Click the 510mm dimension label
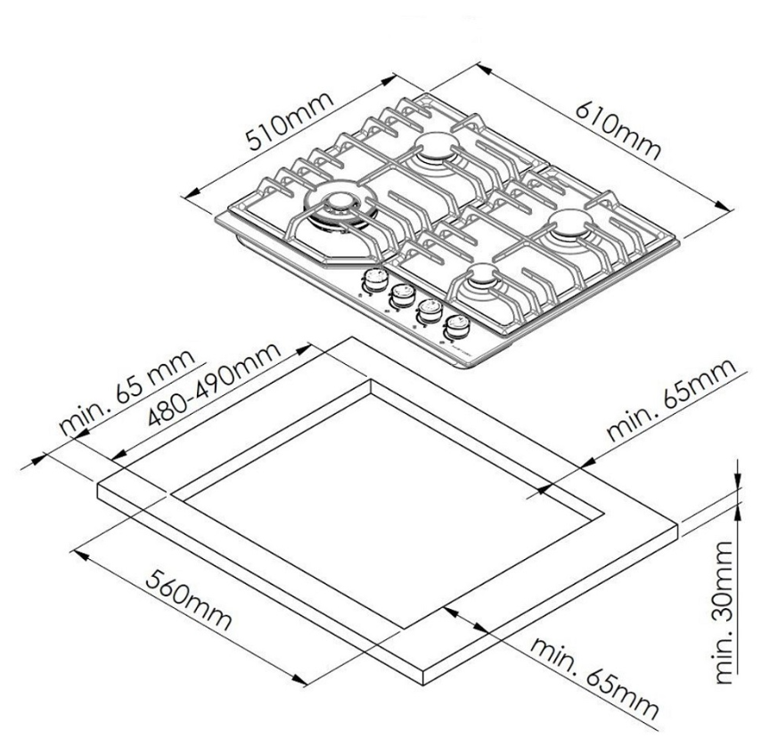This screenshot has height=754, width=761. point(290,120)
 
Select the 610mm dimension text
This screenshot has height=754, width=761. point(618,130)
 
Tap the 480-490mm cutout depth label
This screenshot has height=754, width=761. point(214,385)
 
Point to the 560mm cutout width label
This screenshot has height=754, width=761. point(188,600)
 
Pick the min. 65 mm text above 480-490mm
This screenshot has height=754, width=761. point(127,392)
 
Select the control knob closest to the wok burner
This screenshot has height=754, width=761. point(374,280)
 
